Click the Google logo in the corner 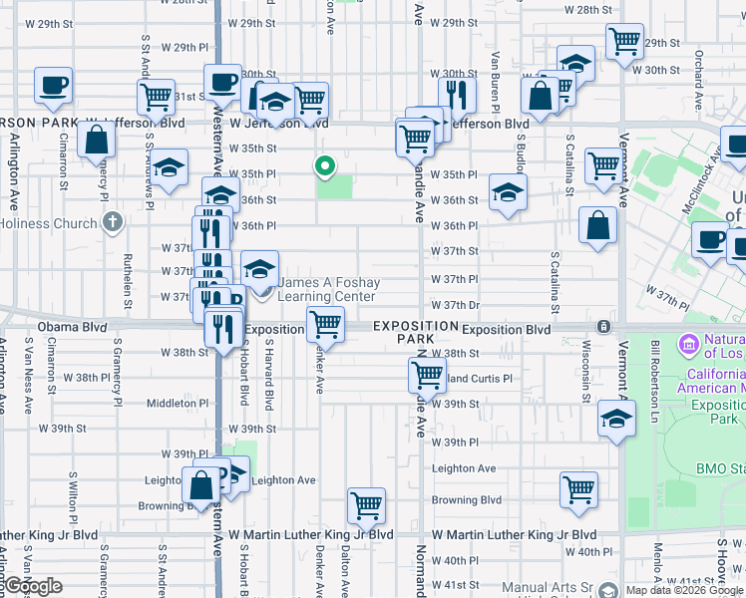32,586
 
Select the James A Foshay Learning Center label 328,289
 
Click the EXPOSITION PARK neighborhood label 416,333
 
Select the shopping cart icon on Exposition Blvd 326,323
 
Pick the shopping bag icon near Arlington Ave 97,140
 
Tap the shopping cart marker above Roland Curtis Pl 427,375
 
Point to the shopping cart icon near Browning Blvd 578,488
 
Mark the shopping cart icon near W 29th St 625,41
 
